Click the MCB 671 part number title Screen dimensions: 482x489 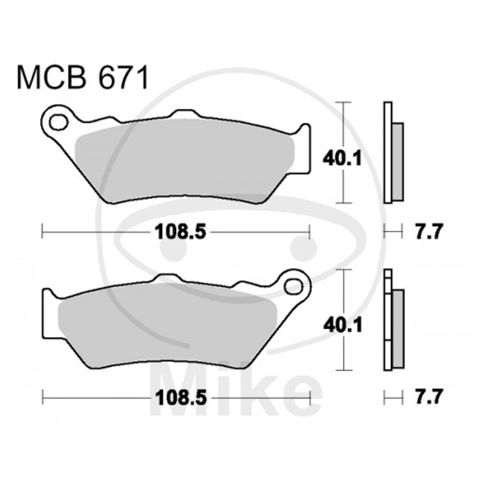tap(83, 78)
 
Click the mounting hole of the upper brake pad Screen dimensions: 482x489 tap(58, 123)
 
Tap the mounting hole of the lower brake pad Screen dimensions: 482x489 tap(293, 286)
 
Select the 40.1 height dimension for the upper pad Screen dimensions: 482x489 tap(342, 159)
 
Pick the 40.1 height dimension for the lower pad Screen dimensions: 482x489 tap(343, 325)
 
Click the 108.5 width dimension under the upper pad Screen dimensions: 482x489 tap(181, 232)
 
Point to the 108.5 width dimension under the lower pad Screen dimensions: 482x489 tap(181, 398)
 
